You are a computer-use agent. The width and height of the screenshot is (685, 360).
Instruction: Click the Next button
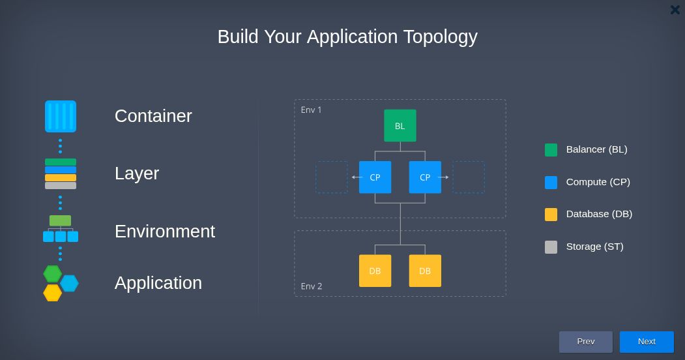pos(647,342)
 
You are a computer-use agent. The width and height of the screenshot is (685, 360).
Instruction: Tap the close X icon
pos(675,10)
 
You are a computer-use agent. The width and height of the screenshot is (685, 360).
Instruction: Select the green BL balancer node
pos(400,125)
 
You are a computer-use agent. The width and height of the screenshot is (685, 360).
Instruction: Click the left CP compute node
pos(375,177)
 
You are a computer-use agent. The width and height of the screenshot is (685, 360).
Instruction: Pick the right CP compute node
pos(425,177)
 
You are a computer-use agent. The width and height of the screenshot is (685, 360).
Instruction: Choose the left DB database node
pos(375,271)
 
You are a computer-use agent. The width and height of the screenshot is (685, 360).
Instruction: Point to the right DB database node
pos(425,271)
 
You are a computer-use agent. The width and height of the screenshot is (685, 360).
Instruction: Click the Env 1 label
pos(311,110)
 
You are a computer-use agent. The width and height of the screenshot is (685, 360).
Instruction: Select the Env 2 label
pos(312,286)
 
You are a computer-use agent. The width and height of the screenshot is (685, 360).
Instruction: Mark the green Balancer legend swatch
pos(551,150)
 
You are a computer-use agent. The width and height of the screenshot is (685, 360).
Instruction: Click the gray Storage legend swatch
pos(551,247)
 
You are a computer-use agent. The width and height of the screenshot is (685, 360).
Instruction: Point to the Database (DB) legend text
pos(599,214)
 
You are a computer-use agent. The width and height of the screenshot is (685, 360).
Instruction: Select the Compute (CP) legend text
pos(598,182)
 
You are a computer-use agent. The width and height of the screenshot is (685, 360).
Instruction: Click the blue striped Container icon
pos(61,116)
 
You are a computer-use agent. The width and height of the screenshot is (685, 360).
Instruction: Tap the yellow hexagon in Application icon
pos(52,293)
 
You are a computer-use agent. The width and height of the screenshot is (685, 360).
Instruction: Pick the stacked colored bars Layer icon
pos(61,174)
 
